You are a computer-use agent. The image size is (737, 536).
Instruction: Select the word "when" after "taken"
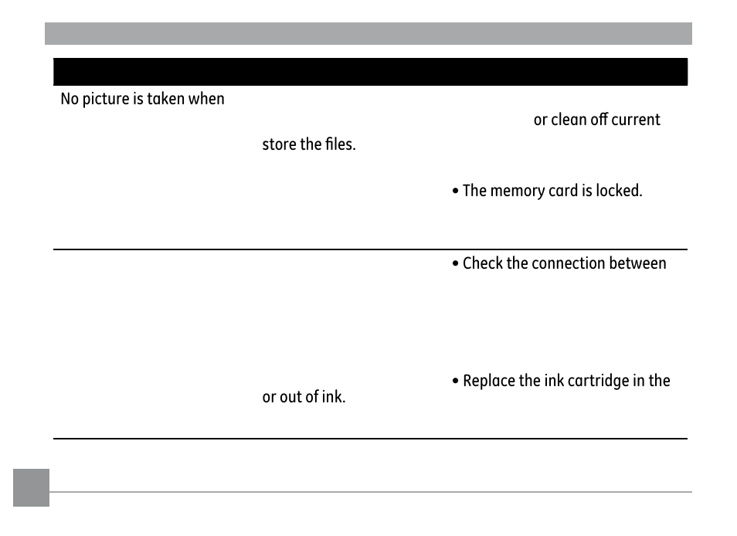[x=207, y=100]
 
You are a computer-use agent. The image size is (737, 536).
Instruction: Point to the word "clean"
[x=570, y=120]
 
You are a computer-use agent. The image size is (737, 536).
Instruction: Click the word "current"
[x=636, y=120]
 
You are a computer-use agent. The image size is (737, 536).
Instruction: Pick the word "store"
[x=279, y=144]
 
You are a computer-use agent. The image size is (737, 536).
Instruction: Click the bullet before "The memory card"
[x=456, y=191]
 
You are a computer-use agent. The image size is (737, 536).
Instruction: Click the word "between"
[x=640, y=263]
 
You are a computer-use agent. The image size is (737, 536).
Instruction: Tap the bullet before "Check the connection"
[x=456, y=264]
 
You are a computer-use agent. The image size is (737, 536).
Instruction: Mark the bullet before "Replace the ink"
[x=456, y=382]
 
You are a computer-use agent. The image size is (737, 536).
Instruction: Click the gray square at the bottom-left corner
[x=31, y=487]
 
